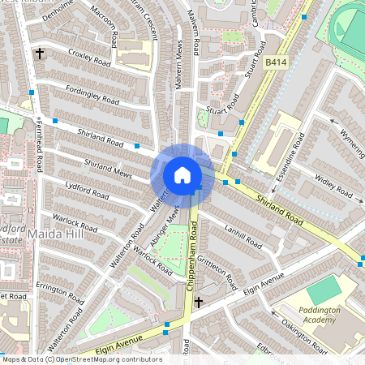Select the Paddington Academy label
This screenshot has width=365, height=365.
(311, 317)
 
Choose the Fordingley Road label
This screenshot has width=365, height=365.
(92, 96)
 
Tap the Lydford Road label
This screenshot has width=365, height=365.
(88, 195)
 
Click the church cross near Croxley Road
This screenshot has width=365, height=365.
(39, 54)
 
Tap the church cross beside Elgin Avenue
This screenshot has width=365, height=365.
(199, 302)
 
